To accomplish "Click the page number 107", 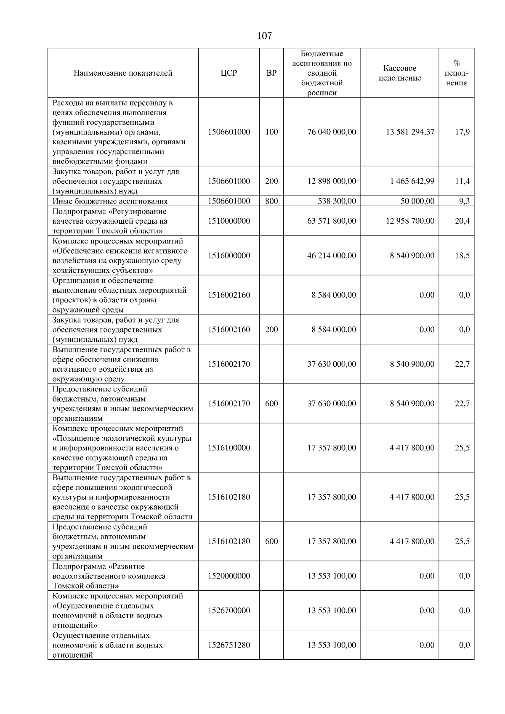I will click(x=264, y=36).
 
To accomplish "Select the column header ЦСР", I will click(x=229, y=73).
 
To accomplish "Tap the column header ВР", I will click(x=271, y=73).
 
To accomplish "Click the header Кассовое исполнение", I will click(x=399, y=73).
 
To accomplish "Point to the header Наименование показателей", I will click(x=123, y=73).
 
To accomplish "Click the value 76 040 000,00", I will click(x=332, y=132).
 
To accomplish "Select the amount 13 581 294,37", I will click(x=410, y=132).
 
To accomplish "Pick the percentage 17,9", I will click(x=462, y=132).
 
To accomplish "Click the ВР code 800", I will click(x=271, y=201).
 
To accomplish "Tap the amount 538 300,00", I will click(x=337, y=201).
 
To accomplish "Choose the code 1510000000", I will click(x=229, y=221).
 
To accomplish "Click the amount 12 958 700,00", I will click(x=410, y=221).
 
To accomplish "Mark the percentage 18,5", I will click(x=462, y=256).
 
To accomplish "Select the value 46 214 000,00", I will click(x=332, y=256).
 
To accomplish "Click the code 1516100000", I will click(x=229, y=448).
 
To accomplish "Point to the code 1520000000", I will click(x=229, y=576).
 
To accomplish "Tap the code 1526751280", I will click(x=229, y=645).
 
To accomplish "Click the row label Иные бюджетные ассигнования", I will click(x=110, y=201).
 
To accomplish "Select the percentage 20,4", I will click(x=462, y=221).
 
